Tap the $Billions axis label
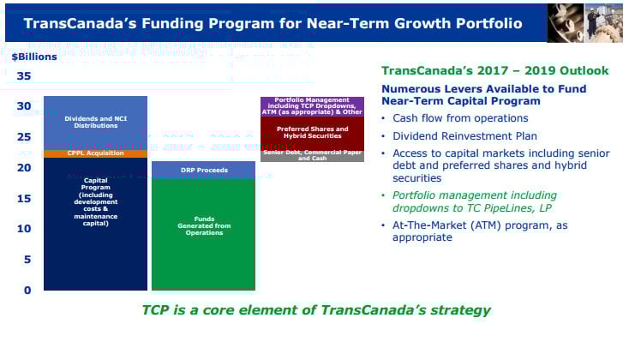(34, 57)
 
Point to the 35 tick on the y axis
(23, 76)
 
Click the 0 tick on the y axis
(27, 290)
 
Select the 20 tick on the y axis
(23, 168)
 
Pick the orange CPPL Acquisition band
(95, 153)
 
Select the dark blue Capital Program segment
(95, 223)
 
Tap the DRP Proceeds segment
(203, 170)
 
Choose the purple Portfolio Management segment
(312, 106)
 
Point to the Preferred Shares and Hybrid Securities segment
(312, 133)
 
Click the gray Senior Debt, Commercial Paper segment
(312, 156)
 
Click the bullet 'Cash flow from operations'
(460, 118)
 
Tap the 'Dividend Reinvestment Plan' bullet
(464, 135)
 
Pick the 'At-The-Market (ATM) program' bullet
(479, 231)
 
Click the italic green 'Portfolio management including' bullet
(474, 195)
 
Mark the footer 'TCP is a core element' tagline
(316, 309)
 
